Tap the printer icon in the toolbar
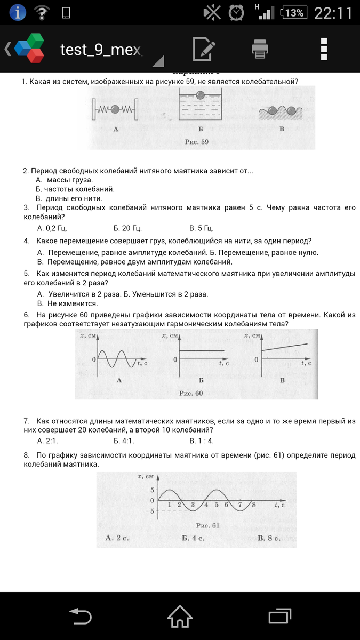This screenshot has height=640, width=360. click(x=260, y=50)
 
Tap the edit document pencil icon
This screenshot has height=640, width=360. click(x=203, y=50)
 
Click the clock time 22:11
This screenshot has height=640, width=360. click(x=333, y=12)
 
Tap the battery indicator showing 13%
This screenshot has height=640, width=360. click(x=293, y=12)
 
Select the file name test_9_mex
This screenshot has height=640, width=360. click(x=101, y=50)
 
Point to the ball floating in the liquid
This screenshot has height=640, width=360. click(x=199, y=95)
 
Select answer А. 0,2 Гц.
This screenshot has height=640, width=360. click(x=52, y=228)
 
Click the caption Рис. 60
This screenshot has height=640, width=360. click(x=192, y=393)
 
